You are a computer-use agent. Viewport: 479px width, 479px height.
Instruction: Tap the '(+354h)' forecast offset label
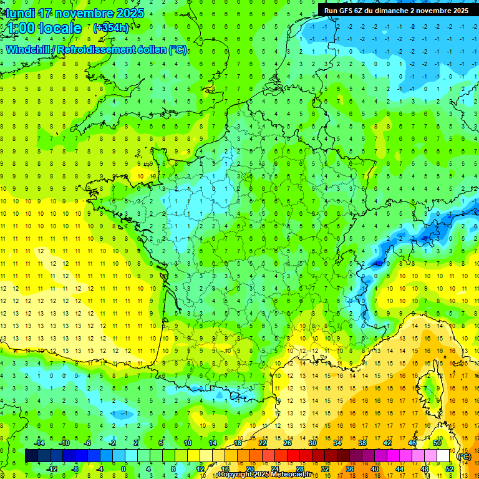pyautogui.click(x=110, y=28)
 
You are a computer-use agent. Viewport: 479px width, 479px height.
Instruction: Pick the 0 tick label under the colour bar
pyautogui.click(x=123, y=469)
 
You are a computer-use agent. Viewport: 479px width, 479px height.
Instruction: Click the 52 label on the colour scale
pyautogui.click(x=449, y=469)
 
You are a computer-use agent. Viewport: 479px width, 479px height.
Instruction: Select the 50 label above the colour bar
pyautogui.click(x=437, y=443)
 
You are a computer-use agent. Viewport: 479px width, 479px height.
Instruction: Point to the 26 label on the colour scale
pyautogui.click(x=288, y=443)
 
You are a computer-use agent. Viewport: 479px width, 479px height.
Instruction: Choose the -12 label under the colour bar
pyautogui.click(x=52, y=469)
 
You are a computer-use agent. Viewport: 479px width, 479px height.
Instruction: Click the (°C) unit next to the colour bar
pyautogui.click(x=464, y=456)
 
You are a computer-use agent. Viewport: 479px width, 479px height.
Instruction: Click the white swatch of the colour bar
pyautogui.click(x=443, y=456)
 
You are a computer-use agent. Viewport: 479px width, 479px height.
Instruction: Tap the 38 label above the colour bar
pyautogui.click(x=362, y=443)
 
